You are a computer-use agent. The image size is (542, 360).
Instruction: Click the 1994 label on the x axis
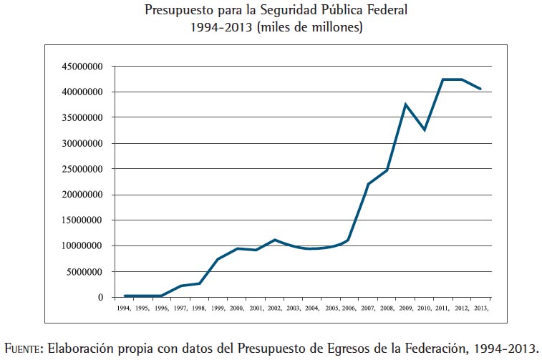tap(124, 308)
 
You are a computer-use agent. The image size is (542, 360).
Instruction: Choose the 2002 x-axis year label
tap(274, 308)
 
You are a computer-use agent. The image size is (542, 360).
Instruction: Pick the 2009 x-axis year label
tap(406, 308)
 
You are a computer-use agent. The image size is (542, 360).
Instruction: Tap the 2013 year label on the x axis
tap(481, 308)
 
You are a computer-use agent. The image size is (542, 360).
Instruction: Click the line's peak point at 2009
tap(406, 104)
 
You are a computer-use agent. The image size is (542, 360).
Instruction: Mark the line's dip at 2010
tap(425, 130)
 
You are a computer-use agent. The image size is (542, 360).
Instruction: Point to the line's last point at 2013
tap(480, 89)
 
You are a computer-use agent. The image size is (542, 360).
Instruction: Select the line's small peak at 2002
tap(274, 240)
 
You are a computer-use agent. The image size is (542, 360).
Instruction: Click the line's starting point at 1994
tap(125, 296)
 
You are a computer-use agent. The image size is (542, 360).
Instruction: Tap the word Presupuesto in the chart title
tap(177, 11)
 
